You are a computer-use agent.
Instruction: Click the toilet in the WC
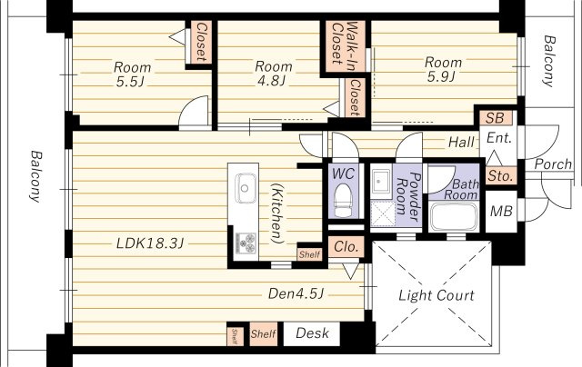343,201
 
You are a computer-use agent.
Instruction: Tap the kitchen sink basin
245,188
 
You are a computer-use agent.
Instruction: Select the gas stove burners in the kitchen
245,243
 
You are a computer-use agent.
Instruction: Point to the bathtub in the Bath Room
455,216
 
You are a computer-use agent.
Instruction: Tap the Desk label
312,332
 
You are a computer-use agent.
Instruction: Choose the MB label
501,211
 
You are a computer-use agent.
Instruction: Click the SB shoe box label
495,118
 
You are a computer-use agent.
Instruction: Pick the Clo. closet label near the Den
346,246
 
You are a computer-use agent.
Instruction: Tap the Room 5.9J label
443,69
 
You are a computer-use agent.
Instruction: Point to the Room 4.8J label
273,74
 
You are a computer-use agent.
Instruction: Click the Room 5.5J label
132,74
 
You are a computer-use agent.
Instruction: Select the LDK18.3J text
149,243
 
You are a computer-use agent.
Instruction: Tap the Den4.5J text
296,294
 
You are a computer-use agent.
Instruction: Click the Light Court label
436,295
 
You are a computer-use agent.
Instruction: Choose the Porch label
553,164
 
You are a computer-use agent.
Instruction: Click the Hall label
461,142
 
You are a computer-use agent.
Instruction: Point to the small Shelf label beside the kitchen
309,254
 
